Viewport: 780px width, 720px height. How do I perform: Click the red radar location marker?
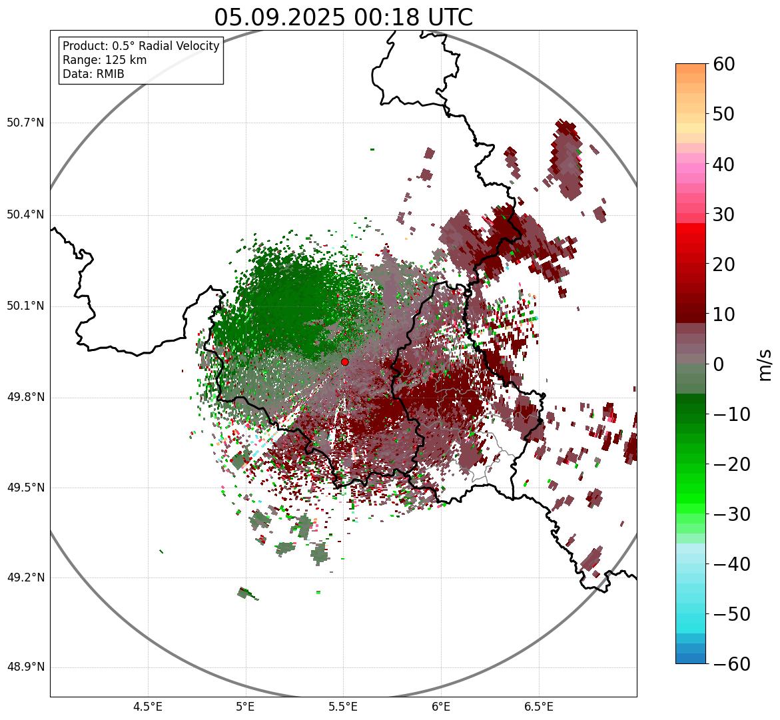pos(344,362)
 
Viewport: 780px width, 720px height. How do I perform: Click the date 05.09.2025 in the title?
pos(279,17)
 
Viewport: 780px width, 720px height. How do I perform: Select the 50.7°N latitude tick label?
pos(25,123)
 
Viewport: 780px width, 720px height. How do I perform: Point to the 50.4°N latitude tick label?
pos(25,214)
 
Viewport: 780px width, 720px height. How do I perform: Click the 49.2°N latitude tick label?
pos(25,577)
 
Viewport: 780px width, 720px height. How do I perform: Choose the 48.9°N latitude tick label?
pos(25,667)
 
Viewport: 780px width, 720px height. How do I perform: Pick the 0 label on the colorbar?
pos(718,364)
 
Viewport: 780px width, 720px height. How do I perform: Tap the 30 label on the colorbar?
pos(724,214)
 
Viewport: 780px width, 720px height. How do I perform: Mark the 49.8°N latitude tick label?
pos(25,398)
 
